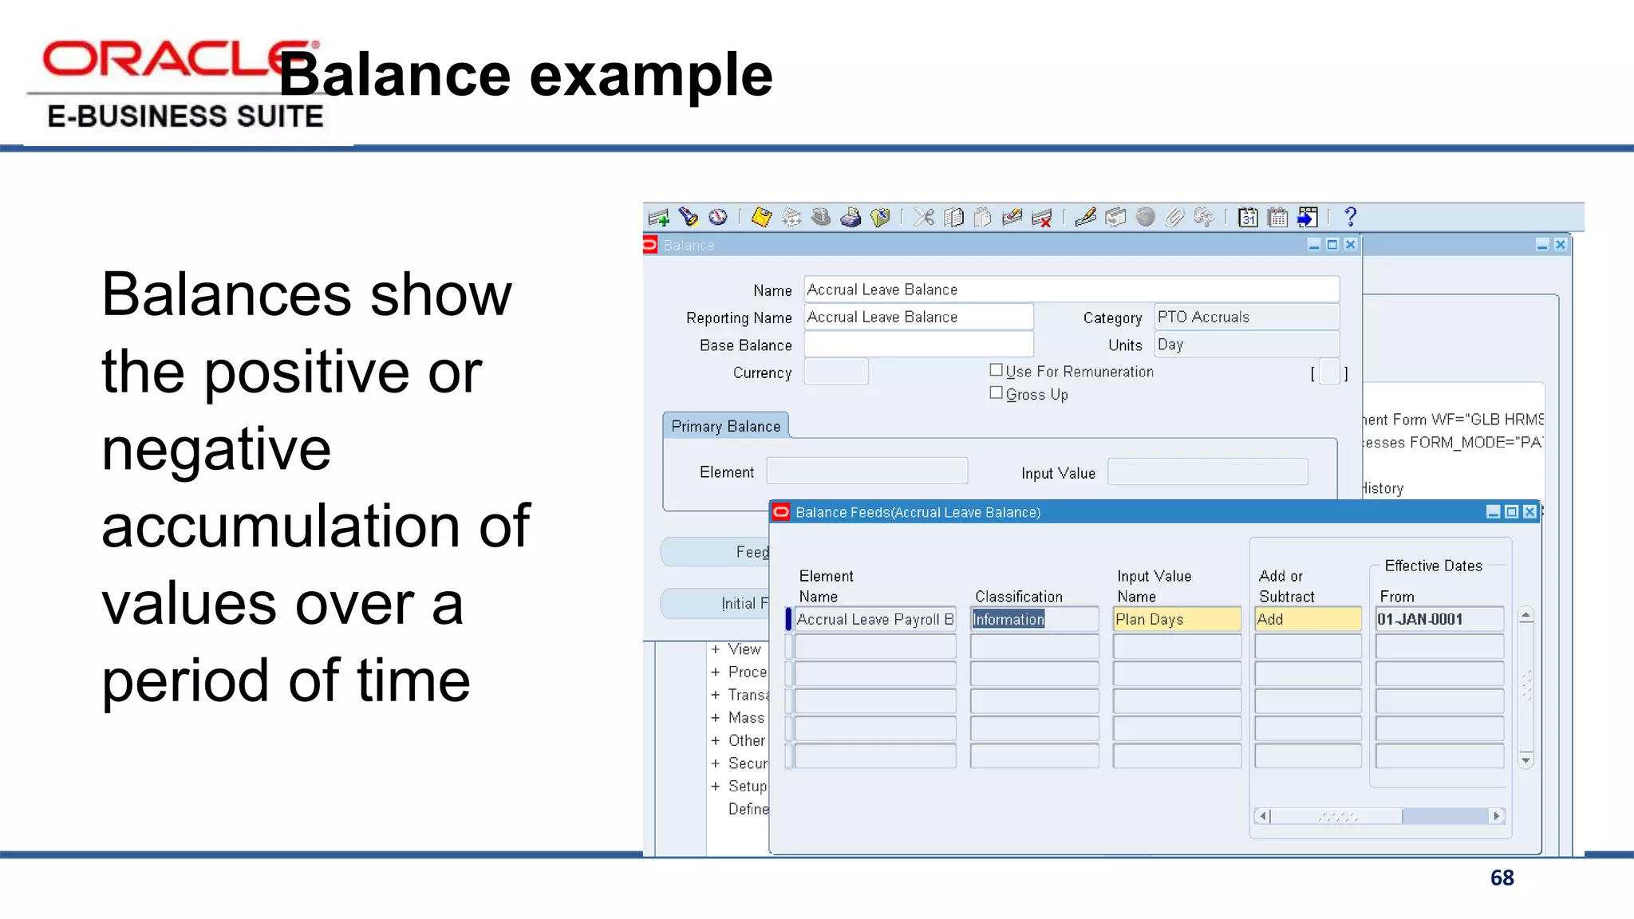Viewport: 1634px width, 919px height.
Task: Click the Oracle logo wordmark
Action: pyautogui.click(x=172, y=60)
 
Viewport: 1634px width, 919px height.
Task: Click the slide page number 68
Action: pyautogui.click(x=1502, y=878)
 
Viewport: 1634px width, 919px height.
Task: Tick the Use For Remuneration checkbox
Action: pyautogui.click(x=996, y=370)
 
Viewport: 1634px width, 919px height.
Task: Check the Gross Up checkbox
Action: pyautogui.click(x=996, y=392)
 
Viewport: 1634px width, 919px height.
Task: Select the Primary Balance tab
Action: pyautogui.click(x=725, y=426)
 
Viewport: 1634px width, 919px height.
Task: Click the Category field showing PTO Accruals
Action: pyautogui.click(x=1245, y=317)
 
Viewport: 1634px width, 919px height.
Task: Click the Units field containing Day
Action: pyautogui.click(x=1245, y=345)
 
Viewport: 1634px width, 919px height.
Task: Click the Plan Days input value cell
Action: pyautogui.click(x=1176, y=619)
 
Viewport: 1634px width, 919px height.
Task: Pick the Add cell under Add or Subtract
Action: pyautogui.click(x=1307, y=619)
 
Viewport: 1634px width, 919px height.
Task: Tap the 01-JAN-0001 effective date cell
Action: pyautogui.click(x=1439, y=619)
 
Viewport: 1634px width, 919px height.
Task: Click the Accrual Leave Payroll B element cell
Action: pyautogui.click(x=875, y=619)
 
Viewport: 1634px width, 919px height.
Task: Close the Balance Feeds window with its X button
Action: pyautogui.click(x=1529, y=512)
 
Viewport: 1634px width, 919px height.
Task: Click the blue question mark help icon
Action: pyautogui.click(x=1350, y=217)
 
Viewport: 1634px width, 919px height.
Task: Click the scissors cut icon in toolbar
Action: pyautogui.click(x=924, y=217)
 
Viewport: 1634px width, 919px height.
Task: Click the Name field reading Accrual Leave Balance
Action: pyautogui.click(x=1071, y=290)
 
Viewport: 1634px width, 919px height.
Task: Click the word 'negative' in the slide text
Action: pyautogui.click(x=216, y=449)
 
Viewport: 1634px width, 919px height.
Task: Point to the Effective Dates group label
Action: pyautogui.click(x=1433, y=566)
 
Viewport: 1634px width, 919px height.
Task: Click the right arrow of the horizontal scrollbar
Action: pyautogui.click(x=1496, y=815)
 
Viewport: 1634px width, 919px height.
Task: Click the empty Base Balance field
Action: pyautogui.click(x=918, y=345)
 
